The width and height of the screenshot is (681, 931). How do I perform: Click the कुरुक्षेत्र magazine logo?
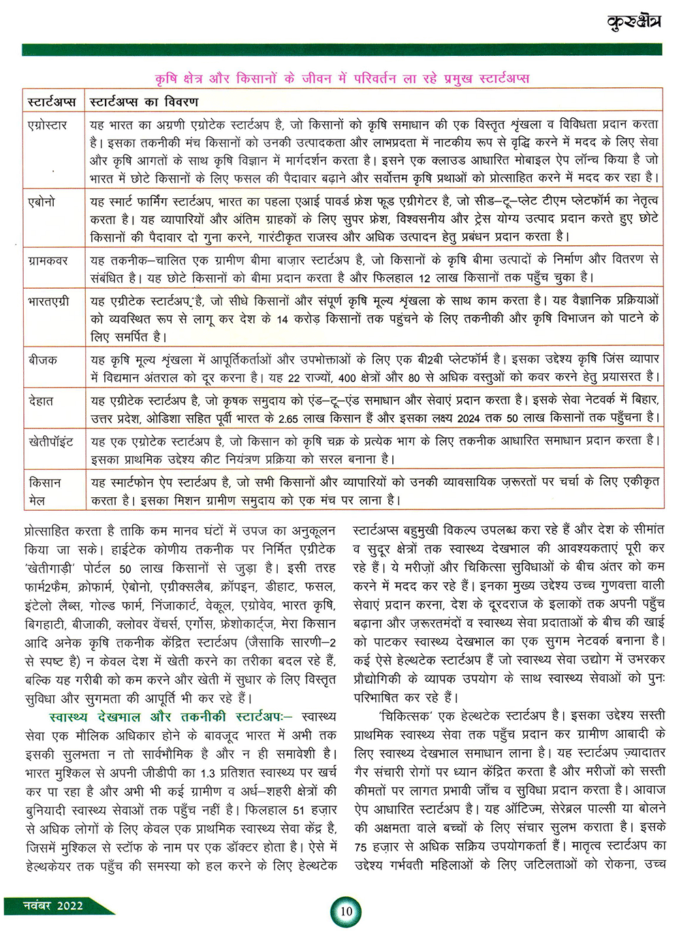tap(633, 22)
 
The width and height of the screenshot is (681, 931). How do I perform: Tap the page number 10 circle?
tap(346, 911)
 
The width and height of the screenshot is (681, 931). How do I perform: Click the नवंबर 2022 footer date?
tap(52, 906)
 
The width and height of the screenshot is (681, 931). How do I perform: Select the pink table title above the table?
tap(342, 78)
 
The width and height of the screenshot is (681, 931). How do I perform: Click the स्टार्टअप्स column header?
tap(52, 101)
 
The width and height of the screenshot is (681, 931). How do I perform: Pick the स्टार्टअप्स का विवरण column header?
tap(144, 101)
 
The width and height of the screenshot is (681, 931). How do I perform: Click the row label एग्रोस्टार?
tap(48, 125)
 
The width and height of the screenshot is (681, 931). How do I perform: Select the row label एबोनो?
tap(42, 202)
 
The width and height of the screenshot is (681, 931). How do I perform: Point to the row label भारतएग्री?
tap(49, 301)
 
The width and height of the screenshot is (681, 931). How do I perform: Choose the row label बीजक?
tap(43, 360)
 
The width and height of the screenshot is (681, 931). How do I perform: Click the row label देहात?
tap(41, 400)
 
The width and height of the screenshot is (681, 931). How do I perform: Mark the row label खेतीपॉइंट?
tap(51, 441)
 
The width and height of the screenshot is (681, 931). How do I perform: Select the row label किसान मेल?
tap(44, 491)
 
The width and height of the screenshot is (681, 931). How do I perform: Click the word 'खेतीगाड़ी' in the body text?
tap(50, 568)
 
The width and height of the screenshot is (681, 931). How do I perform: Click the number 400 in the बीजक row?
tap(347, 377)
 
